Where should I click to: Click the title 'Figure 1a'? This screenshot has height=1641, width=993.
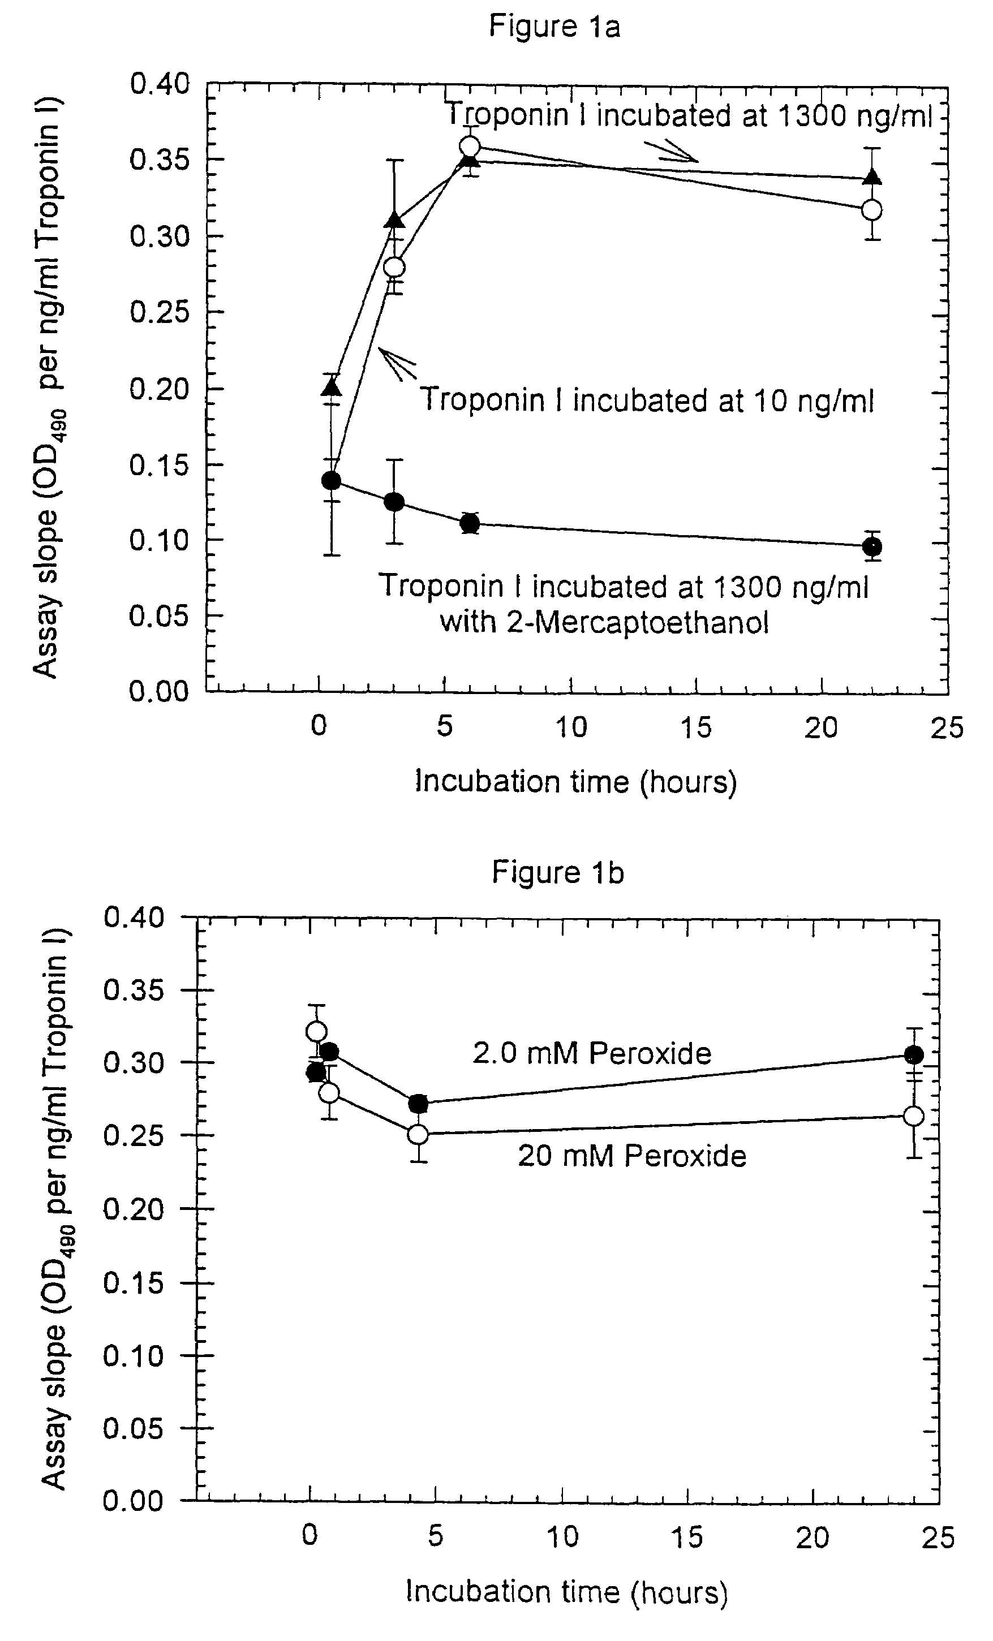554,27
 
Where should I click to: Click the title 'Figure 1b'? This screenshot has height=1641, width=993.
557,872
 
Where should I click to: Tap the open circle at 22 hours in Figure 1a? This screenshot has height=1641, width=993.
871,210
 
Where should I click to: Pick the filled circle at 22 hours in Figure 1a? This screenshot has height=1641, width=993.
872,547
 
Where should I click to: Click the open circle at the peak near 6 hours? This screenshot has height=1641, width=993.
470,146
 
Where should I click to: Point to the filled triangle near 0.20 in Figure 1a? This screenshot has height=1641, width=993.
332,387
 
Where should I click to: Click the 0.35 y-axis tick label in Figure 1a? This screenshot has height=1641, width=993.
159,160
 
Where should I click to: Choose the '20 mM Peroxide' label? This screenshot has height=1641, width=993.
632,1156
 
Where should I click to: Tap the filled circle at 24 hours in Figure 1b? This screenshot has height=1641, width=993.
914,1054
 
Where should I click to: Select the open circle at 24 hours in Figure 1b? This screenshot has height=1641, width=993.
914,1116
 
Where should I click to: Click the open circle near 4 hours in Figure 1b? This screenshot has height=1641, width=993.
418,1134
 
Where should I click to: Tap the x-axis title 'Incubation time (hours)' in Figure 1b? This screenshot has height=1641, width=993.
567,1592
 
